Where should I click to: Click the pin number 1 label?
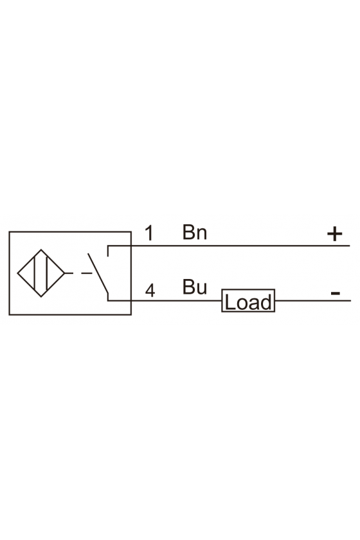click(x=149, y=233)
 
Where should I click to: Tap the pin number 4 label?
click(x=150, y=291)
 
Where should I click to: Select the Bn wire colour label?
click(x=195, y=232)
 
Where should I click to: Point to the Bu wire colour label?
click(x=195, y=287)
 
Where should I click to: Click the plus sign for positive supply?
click(x=334, y=234)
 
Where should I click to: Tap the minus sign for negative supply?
click(x=335, y=293)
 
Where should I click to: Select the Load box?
click(x=248, y=301)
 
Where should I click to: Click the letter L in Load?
click(x=230, y=302)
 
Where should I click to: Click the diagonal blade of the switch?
click(x=98, y=273)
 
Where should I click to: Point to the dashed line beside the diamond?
click(x=78, y=273)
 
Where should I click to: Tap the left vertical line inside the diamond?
click(x=35, y=273)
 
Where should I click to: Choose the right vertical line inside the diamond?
click(x=46, y=273)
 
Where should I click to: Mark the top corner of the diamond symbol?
click(x=41, y=250)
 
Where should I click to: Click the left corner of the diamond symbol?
click(x=18, y=273)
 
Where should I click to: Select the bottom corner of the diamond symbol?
click(x=41, y=296)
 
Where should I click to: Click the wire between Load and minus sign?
click(x=313, y=301)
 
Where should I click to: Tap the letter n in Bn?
click(x=201, y=234)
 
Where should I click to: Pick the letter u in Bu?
click(x=201, y=289)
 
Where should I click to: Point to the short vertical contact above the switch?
click(x=108, y=251)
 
